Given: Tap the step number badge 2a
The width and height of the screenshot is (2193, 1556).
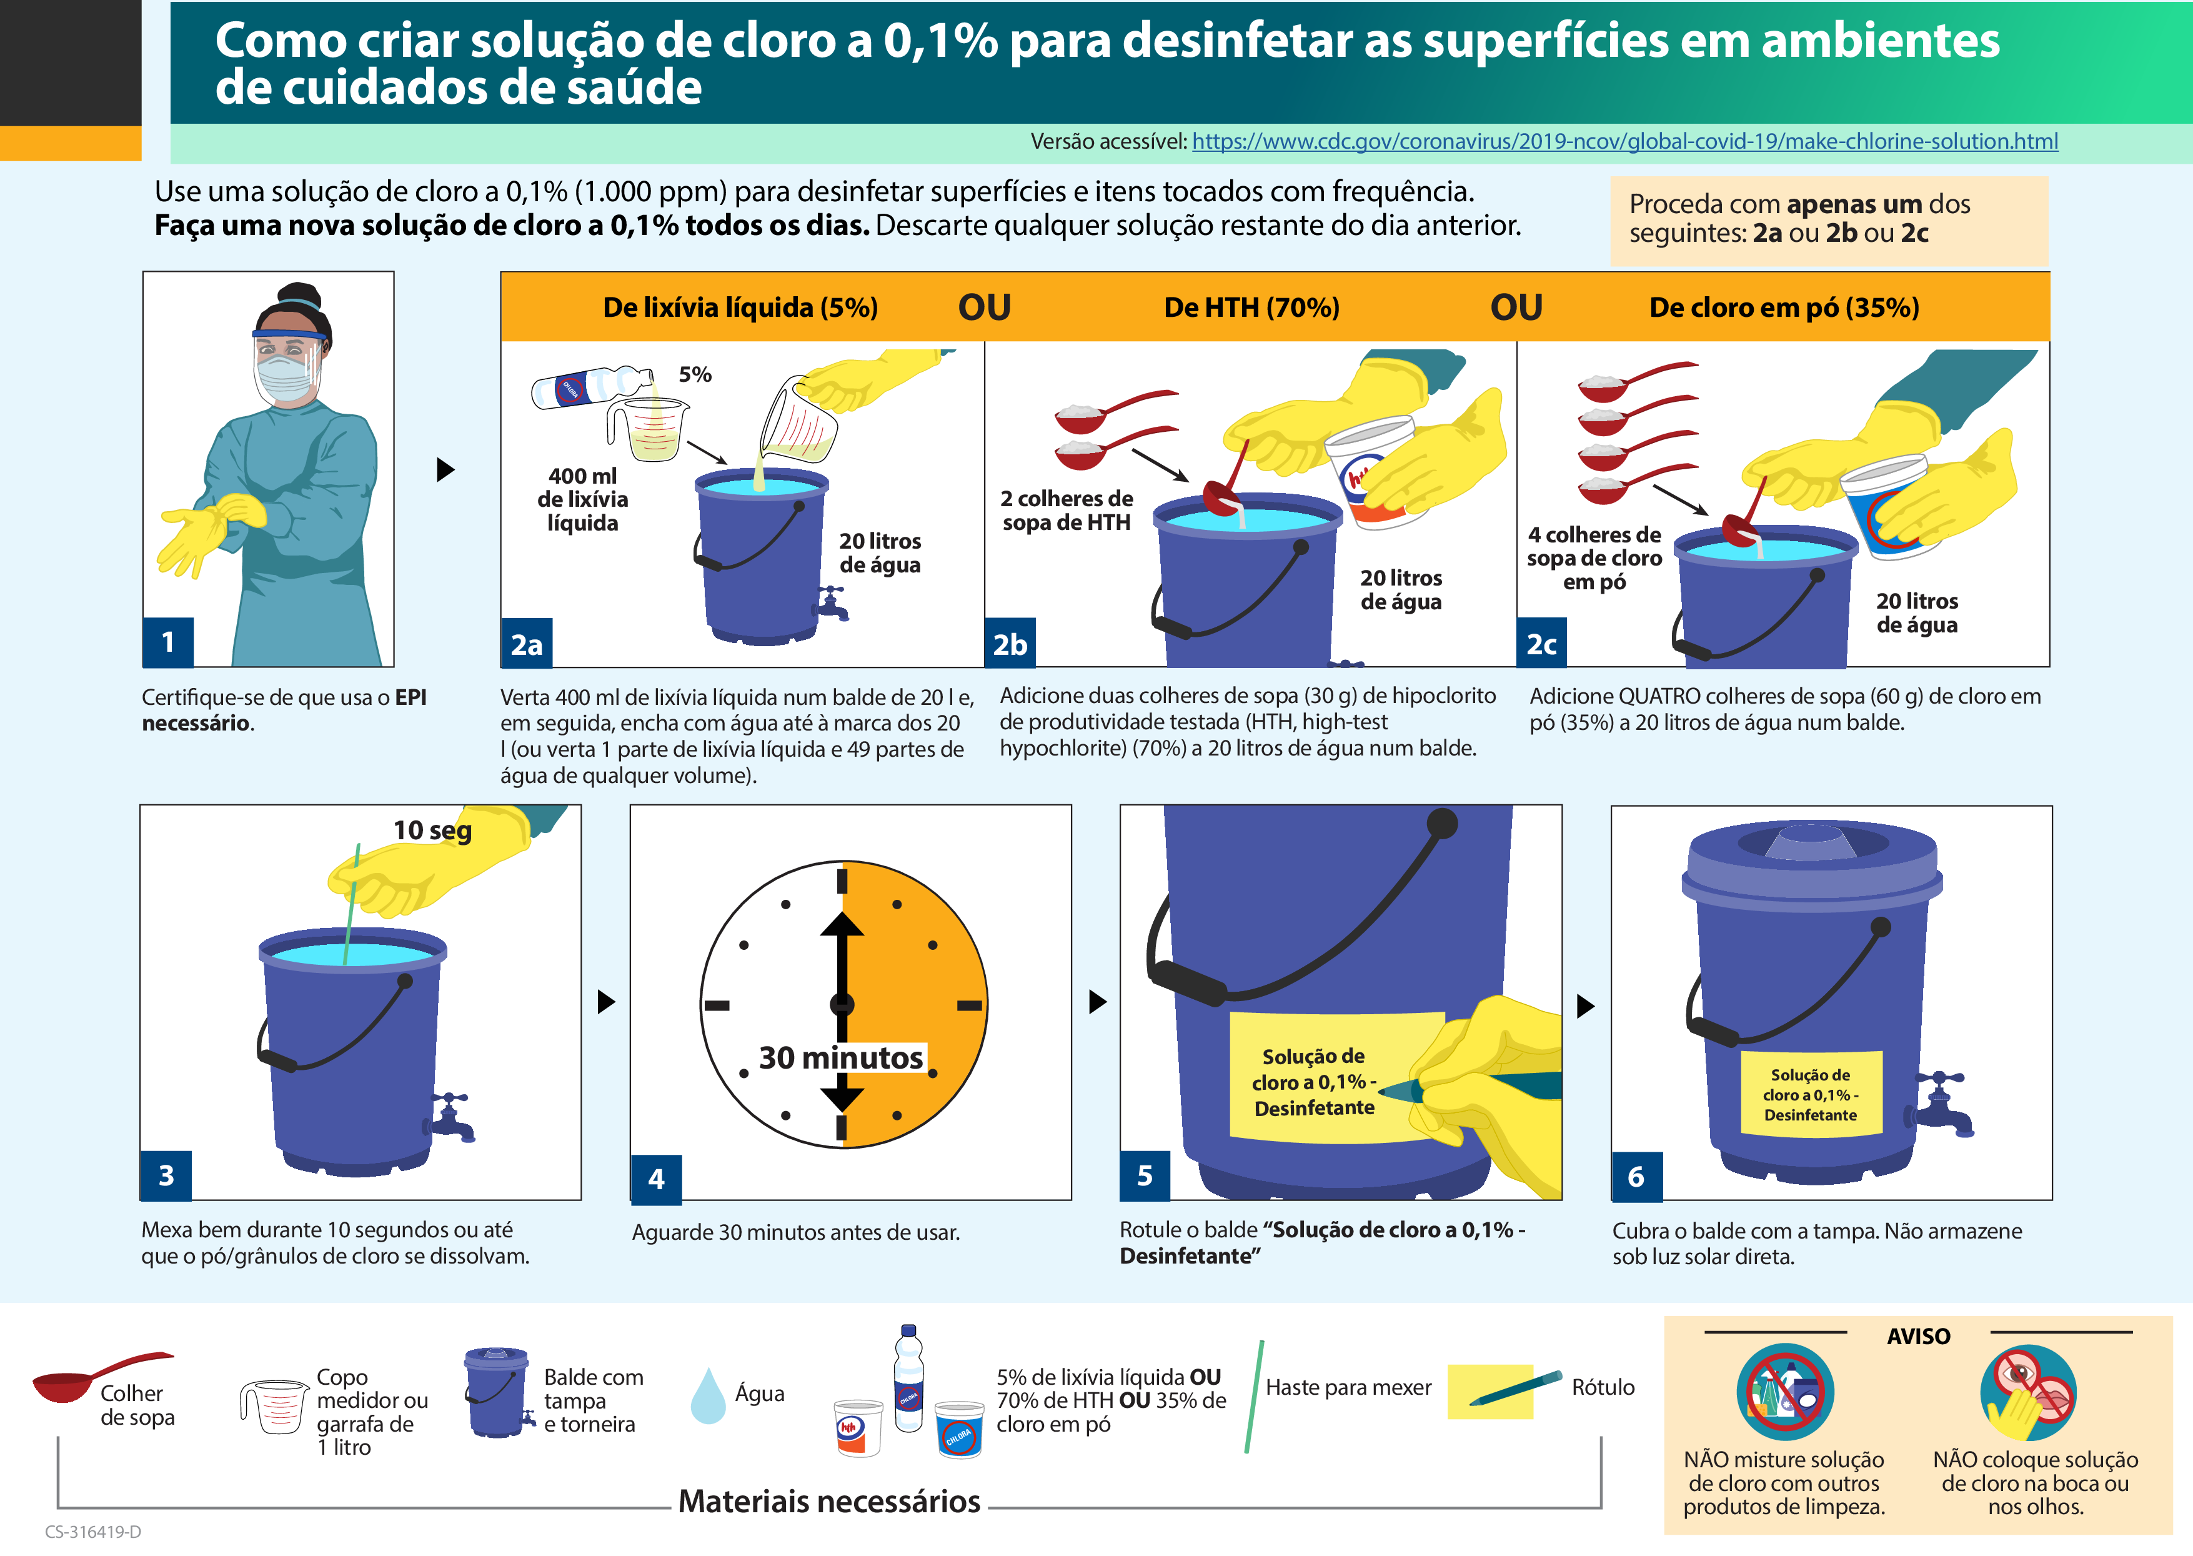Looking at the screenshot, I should (x=526, y=644).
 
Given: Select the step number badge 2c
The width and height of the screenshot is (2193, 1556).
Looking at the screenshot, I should (x=1541, y=644).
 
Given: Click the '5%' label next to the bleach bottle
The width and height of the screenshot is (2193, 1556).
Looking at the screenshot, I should (x=695, y=375).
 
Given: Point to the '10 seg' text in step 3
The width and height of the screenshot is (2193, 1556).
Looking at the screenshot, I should (x=432, y=830).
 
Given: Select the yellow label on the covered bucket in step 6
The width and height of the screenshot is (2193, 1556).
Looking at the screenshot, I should (x=1810, y=1094).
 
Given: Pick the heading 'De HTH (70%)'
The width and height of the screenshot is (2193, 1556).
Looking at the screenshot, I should (x=1251, y=307).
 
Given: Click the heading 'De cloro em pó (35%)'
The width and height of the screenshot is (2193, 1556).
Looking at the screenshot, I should (x=1783, y=307).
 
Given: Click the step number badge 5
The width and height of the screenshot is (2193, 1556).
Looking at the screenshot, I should (x=1145, y=1175).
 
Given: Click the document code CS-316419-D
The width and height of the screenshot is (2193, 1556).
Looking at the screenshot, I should (x=93, y=1531).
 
